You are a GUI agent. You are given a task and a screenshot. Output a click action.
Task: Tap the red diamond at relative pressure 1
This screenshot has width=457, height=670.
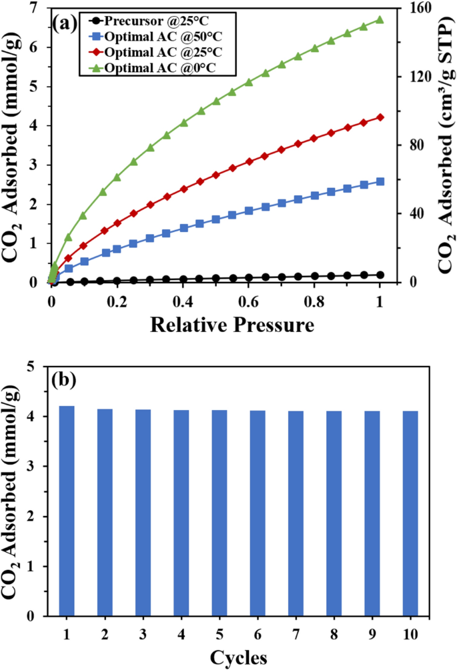click(380, 117)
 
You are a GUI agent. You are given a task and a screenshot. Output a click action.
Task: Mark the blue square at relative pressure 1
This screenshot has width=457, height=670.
click(380, 181)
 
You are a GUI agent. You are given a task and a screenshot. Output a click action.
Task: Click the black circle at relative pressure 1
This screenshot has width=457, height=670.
click(380, 275)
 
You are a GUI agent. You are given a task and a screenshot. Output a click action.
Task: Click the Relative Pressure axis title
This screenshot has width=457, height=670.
click(231, 325)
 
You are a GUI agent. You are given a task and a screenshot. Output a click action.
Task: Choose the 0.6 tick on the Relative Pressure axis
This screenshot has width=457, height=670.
click(248, 301)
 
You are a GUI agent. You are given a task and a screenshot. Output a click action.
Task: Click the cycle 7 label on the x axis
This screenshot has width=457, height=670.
click(296, 632)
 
